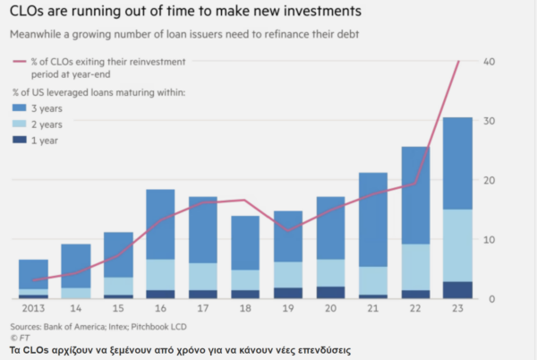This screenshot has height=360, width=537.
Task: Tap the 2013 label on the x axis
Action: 32,309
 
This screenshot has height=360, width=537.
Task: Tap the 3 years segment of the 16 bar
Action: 160,224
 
